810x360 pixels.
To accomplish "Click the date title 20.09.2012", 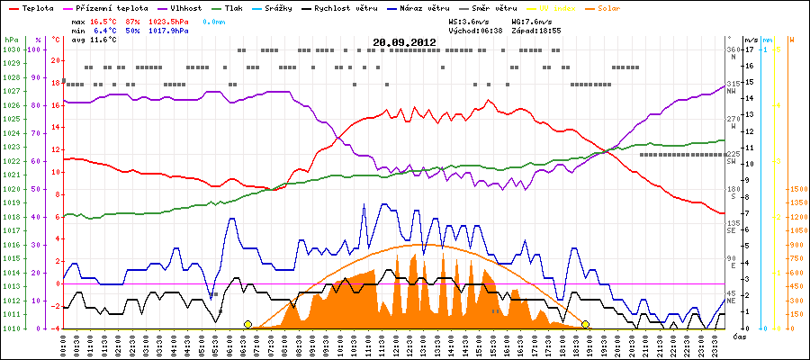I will click(x=404, y=41).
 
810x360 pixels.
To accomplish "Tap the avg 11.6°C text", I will click(x=94, y=40).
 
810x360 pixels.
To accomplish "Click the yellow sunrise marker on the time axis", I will click(x=247, y=324).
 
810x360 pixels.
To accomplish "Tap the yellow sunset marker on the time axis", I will click(x=585, y=324).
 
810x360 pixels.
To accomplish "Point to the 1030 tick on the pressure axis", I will click(x=11, y=49).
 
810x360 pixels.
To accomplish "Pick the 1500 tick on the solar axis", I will click(x=797, y=189).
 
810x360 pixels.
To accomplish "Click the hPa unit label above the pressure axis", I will click(x=11, y=40).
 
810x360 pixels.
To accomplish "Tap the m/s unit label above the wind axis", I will click(x=751, y=40).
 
